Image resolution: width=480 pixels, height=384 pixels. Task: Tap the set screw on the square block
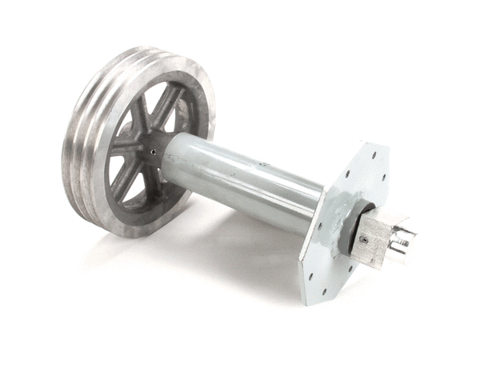tap(362, 239)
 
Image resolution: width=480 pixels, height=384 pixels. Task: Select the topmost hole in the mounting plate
tap(373, 150)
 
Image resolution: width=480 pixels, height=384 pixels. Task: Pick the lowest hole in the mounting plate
tap(325, 290)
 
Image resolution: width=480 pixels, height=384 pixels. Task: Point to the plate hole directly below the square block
tap(347, 270)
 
